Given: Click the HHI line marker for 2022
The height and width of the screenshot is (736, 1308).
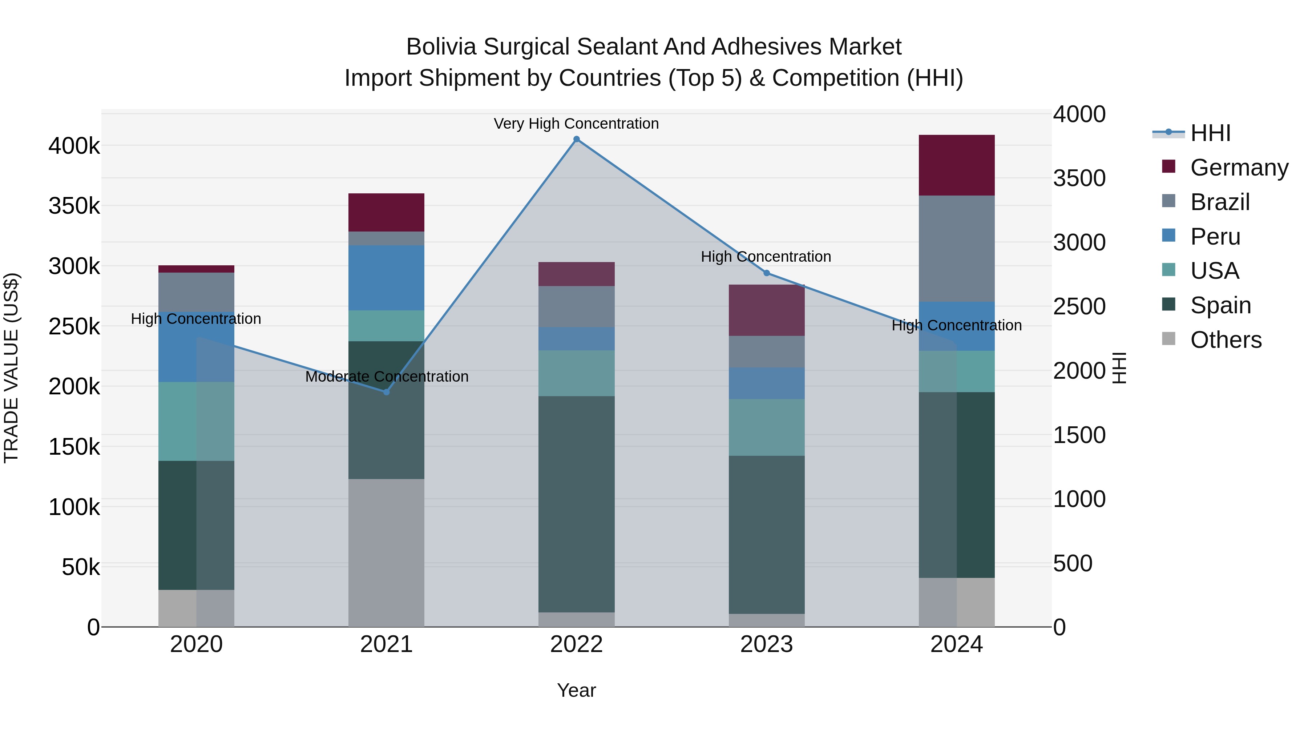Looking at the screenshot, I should tap(576, 139).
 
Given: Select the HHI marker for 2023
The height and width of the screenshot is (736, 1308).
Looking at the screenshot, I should tap(767, 273).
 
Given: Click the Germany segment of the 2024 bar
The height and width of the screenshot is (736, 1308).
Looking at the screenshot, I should tap(957, 165).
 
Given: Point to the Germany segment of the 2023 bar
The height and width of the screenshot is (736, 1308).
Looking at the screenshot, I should tap(767, 310).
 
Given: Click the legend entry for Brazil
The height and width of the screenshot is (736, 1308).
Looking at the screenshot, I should tap(1220, 202).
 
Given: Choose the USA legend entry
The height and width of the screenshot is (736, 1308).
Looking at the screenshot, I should tap(1215, 271).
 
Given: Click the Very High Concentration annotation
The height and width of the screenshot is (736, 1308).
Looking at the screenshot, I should tap(576, 124).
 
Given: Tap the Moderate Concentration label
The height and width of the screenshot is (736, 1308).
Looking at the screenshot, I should tap(387, 377).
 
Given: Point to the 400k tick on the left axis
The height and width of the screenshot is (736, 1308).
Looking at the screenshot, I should tap(74, 146).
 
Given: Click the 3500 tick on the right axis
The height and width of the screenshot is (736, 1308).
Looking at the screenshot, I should tap(1079, 178).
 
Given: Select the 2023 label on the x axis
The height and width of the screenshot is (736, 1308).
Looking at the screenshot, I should tap(767, 644).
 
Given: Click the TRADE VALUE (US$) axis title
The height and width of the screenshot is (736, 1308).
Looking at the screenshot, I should tap(12, 368).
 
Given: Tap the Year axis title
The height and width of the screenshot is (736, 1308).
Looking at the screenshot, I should tap(576, 690).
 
